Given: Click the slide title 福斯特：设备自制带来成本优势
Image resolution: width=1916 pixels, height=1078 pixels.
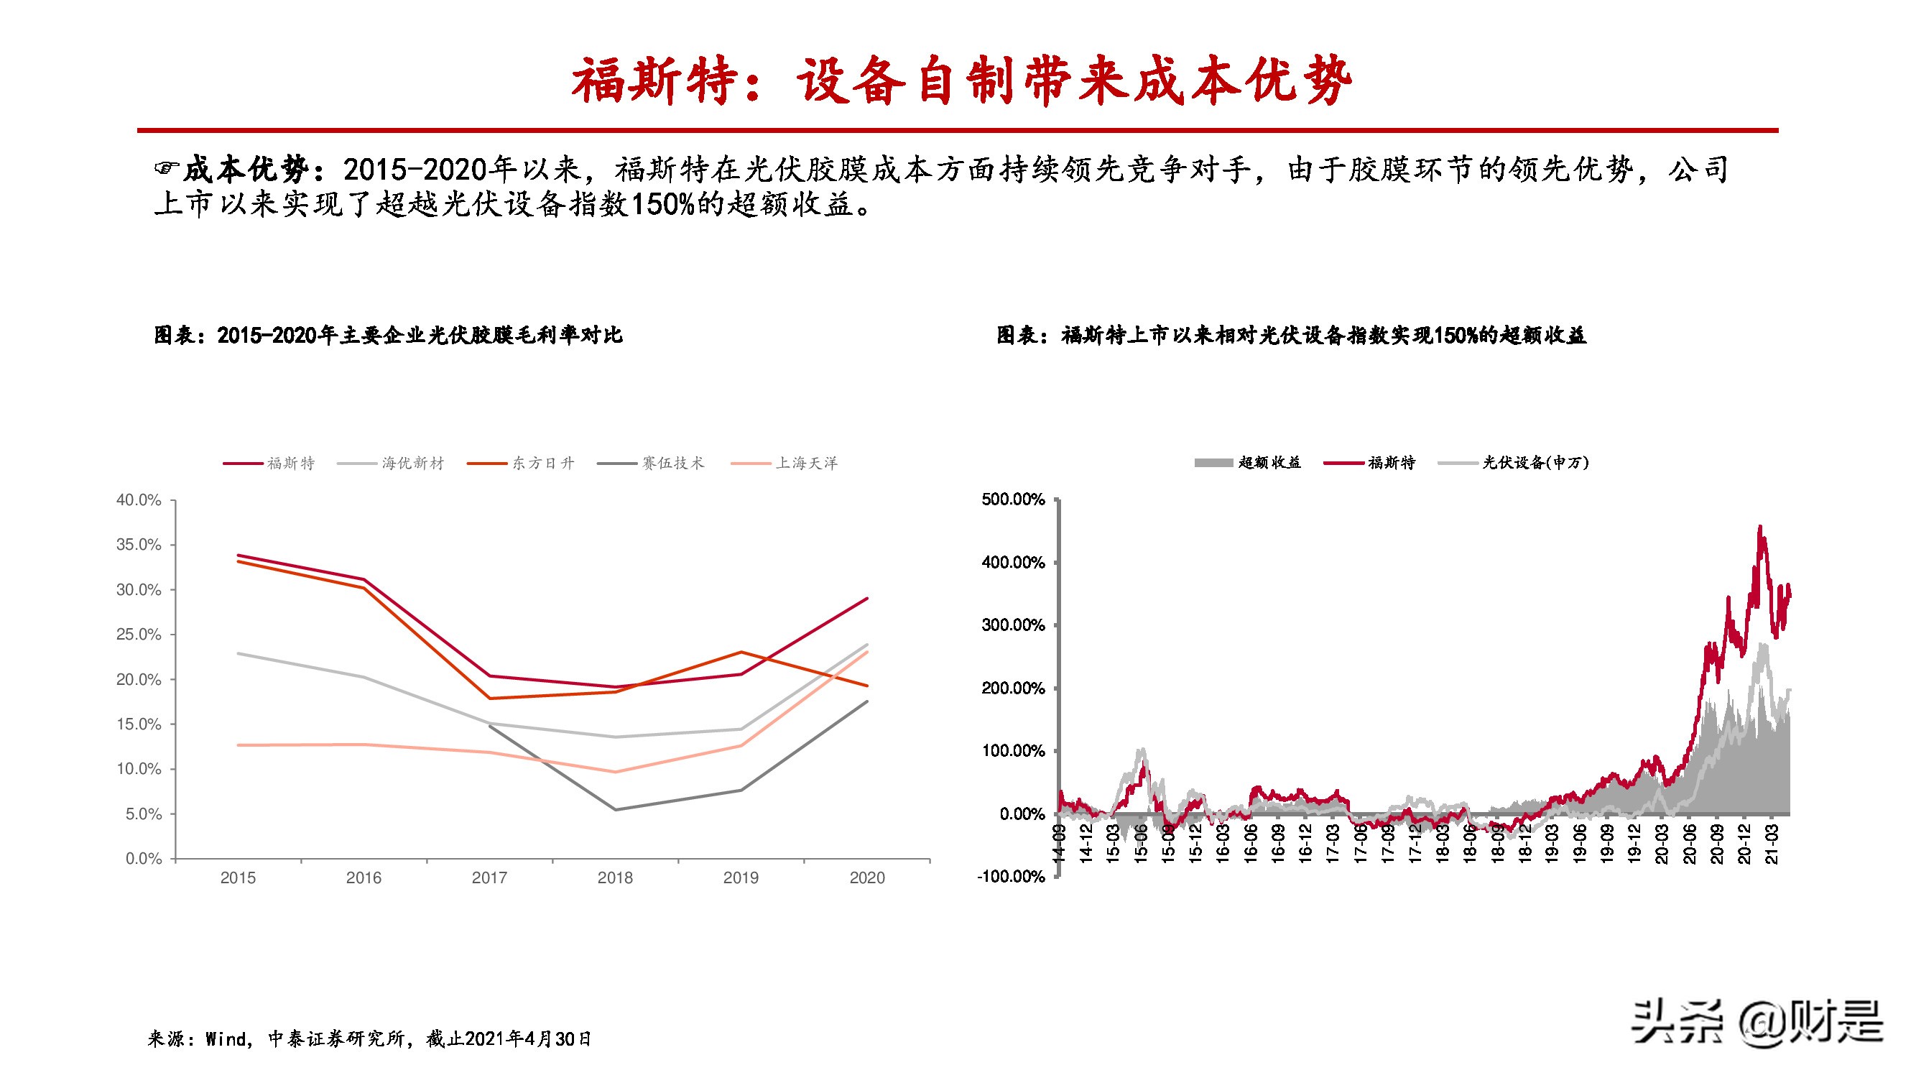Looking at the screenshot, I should click(x=961, y=80).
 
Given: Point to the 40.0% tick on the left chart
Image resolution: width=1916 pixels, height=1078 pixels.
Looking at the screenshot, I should click(x=139, y=500).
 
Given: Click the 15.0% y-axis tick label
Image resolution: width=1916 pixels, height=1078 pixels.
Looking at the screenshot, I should click(x=139, y=724).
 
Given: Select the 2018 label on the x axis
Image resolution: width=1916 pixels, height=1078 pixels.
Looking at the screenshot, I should click(x=615, y=878).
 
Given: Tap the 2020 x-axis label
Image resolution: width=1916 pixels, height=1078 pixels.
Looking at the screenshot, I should click(x=867, y=878).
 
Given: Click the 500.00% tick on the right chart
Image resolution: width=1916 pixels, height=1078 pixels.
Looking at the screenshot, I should click(x=1013, y=499).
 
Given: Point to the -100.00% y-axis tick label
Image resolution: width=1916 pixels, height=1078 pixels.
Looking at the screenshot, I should click(x=1011, y=876).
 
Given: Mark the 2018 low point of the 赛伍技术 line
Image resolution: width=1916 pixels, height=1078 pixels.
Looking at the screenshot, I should click(x=616, y=809).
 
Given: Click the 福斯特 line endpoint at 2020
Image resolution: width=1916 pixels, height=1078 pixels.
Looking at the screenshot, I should click(x=867, y=598).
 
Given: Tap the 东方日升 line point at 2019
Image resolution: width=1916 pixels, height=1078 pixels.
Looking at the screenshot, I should click(x=741, y=653).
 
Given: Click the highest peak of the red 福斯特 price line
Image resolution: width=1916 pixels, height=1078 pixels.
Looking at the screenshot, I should click(x=1760, y=528).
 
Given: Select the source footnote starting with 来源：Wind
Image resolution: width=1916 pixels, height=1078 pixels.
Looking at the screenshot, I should click(x=370, y=1038).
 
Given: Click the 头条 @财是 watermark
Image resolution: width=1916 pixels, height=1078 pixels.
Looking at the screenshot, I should click(x=1757, y=1022).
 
